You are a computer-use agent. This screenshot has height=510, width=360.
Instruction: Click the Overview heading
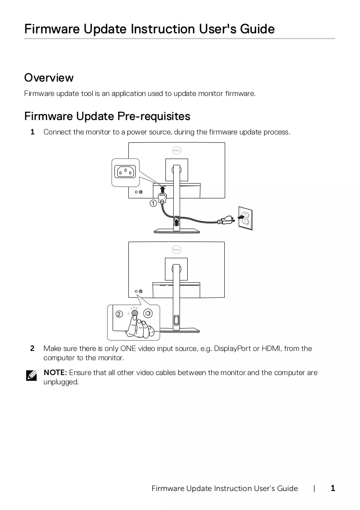tap(49, 78)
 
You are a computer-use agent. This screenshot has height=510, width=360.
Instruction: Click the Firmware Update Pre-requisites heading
tap(107, 116)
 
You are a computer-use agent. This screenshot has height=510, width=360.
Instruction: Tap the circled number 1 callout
tap(153, 203)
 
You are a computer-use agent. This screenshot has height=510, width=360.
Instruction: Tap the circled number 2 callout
tap(119, 314)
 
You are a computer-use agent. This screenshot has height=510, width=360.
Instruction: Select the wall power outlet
tap(245, 218)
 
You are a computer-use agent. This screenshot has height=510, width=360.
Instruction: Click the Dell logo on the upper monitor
tap(177, 150)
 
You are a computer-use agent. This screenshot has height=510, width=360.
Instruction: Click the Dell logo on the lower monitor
tap(177, 250)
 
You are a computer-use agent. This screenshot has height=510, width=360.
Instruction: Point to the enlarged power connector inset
tap(126, 172)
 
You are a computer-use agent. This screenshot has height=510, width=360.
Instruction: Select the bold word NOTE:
tap(55, 372)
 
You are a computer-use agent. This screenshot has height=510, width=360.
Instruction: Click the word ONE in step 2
tap(128, 348)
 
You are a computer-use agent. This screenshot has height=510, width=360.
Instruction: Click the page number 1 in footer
tap(333, 488)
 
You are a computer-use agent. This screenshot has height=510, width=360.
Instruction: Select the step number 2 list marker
tap(32, 348)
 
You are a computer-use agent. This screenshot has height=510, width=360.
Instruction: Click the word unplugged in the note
tap(61, 382)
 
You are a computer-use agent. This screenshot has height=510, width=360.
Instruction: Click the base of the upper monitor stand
tap(177, 231)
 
